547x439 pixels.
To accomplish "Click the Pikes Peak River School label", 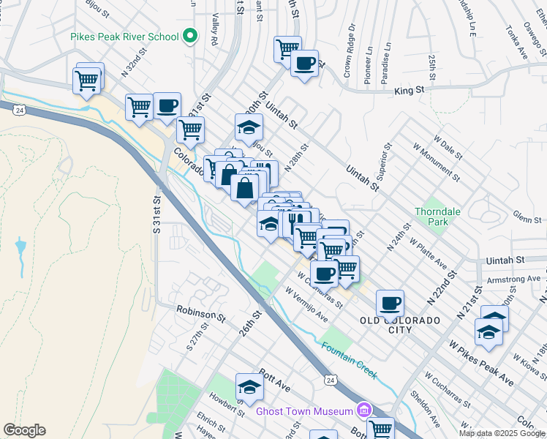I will pos(124,37).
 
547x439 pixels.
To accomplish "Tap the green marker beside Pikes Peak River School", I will pos(190,35).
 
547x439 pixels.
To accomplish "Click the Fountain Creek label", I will pos(348,361).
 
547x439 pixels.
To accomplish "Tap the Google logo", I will pos(24,430).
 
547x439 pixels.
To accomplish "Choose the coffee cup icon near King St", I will pos(304,63).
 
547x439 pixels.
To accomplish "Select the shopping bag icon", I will pos(244,187).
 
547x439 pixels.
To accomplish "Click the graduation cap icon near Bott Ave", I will pos(249,387).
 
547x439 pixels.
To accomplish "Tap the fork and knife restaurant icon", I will pos(296,219).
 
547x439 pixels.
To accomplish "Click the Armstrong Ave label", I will pos(513,279).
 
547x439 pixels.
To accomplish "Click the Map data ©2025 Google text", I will pos(502,433).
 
